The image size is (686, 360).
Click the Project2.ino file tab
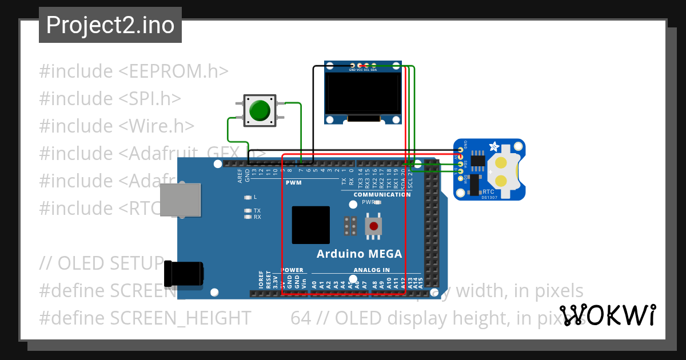(110, 25)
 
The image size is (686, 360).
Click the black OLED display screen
(354, 93)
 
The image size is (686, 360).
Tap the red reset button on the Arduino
(374, 226)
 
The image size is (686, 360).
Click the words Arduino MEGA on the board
(360, 254)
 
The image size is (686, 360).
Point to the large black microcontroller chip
(310, 225)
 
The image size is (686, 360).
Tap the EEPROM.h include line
(134, 71)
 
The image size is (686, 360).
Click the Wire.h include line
(117, 126)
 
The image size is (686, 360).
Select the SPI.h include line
(110, 99)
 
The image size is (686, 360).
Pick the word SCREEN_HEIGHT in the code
(180, 318)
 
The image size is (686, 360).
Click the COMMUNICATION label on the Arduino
(382, 194)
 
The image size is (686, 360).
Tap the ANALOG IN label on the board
(372, 270)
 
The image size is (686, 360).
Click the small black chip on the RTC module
(478, 162)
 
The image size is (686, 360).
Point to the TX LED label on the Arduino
(257, 211)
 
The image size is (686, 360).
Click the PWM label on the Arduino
(292, 182)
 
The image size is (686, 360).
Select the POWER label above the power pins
(293, 270)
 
